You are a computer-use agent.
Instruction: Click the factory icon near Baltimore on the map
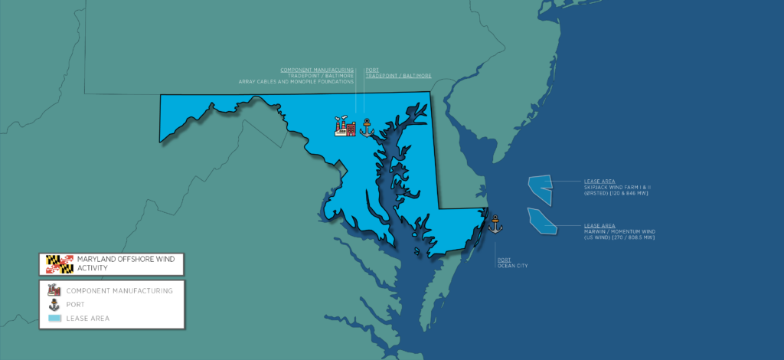[x=345, y=127]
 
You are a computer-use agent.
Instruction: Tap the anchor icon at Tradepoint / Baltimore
[x=365, y=126]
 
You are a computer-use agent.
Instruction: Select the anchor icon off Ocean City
[x=495, y=224]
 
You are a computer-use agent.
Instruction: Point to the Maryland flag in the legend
[x=60, y=264]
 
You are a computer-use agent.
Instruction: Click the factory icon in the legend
[x=54, y=290]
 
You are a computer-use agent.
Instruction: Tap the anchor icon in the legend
[x=54, y=304]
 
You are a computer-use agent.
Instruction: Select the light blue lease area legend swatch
[x=54, y=318]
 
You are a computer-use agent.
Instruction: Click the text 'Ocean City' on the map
[x=512, y=266]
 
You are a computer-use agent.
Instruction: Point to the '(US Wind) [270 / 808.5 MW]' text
[x=619, y=237]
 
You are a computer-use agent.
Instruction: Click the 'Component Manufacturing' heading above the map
[x=317, y=70]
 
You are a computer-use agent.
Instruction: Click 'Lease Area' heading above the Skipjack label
[x=599, y=181]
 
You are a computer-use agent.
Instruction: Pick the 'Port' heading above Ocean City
[x=502, y=260]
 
